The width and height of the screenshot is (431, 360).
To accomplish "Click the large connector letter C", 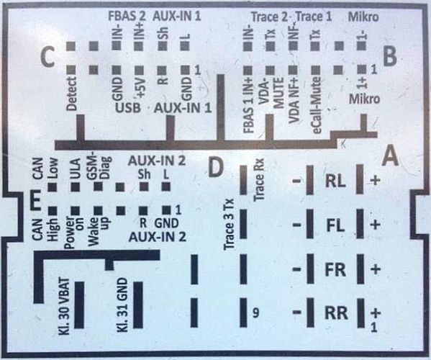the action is [47, 57].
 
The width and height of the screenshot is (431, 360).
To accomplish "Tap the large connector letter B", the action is [389, 56].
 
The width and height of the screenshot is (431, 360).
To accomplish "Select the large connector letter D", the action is [216, 167].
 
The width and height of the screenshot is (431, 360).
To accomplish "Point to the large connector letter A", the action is [391, 156].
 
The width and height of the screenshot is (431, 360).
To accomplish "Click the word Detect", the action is [72, 94].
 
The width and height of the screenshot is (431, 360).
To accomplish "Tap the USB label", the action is [127, 108].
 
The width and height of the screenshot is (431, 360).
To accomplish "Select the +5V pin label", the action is [140, 87].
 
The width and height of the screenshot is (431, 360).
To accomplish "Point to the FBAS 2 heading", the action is [127, 17].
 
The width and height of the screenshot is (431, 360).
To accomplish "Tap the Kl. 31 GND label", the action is [122, 305].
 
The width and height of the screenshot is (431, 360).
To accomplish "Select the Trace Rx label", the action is [259, 179].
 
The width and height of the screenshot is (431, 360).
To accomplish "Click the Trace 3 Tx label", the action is [229, 224].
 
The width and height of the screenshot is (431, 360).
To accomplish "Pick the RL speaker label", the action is [335, 181].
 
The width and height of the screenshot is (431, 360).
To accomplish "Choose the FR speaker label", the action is [335, 270].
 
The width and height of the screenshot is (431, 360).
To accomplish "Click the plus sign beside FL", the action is [375, 225].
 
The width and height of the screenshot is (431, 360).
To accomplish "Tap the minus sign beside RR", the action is [297, 312].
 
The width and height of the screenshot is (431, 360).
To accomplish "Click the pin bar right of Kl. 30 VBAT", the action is [79, 305].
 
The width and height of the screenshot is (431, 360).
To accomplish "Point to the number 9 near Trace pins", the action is [255, 313].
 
